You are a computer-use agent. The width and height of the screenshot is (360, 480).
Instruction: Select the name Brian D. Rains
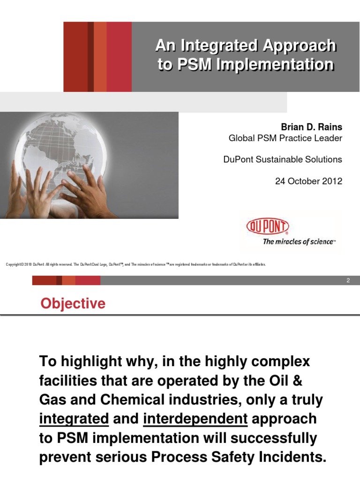pos(311,127)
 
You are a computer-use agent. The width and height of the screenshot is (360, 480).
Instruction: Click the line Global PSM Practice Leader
pos(285,138)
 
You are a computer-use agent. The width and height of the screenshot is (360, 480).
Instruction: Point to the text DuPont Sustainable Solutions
pos(283,159)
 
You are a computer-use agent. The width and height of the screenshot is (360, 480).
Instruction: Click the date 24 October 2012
pos(308,181)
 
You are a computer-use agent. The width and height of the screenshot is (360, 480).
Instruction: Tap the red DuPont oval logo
pos(268,227)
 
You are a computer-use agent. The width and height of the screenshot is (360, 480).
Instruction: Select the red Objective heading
pos(73,304)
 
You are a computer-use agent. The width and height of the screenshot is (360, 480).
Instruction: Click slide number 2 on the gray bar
pos(348,280)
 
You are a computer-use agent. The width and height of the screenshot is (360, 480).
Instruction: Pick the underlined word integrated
pos(74,419)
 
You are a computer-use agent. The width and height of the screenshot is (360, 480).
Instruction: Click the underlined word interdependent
pos(195,419)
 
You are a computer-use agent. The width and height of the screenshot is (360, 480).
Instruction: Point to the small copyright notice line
pos(135,264)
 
